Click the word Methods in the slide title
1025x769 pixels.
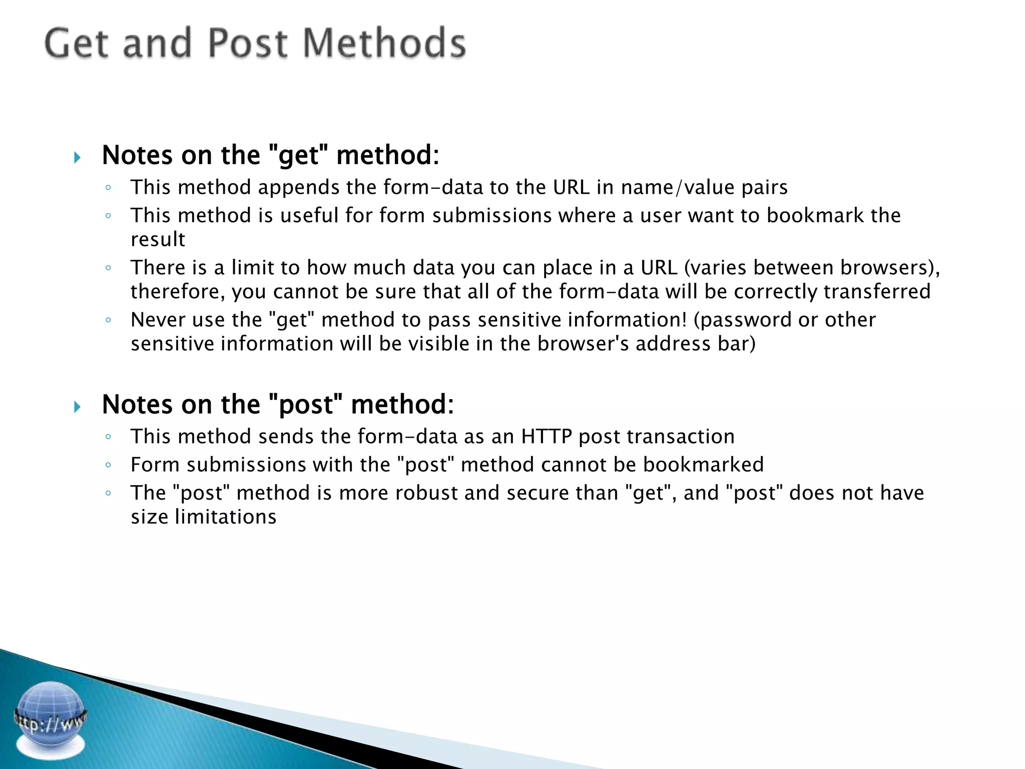[x=384, y=43]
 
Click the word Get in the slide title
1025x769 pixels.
[x=76, y=43]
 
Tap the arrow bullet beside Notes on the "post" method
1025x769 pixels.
[x=77, y=407]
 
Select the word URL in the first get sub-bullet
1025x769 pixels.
[x=571, y=187]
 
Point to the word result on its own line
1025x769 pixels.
[x=158, y=240]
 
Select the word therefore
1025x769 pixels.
[x=177, y=292]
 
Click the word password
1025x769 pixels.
[x=745, y=320]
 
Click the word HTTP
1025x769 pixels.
[x=546, y=437]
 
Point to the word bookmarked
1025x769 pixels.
[x=703, y=465]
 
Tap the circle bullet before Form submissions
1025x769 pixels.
[x=108, y=465]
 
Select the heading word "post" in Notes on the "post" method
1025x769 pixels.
[x=306, y=405]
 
